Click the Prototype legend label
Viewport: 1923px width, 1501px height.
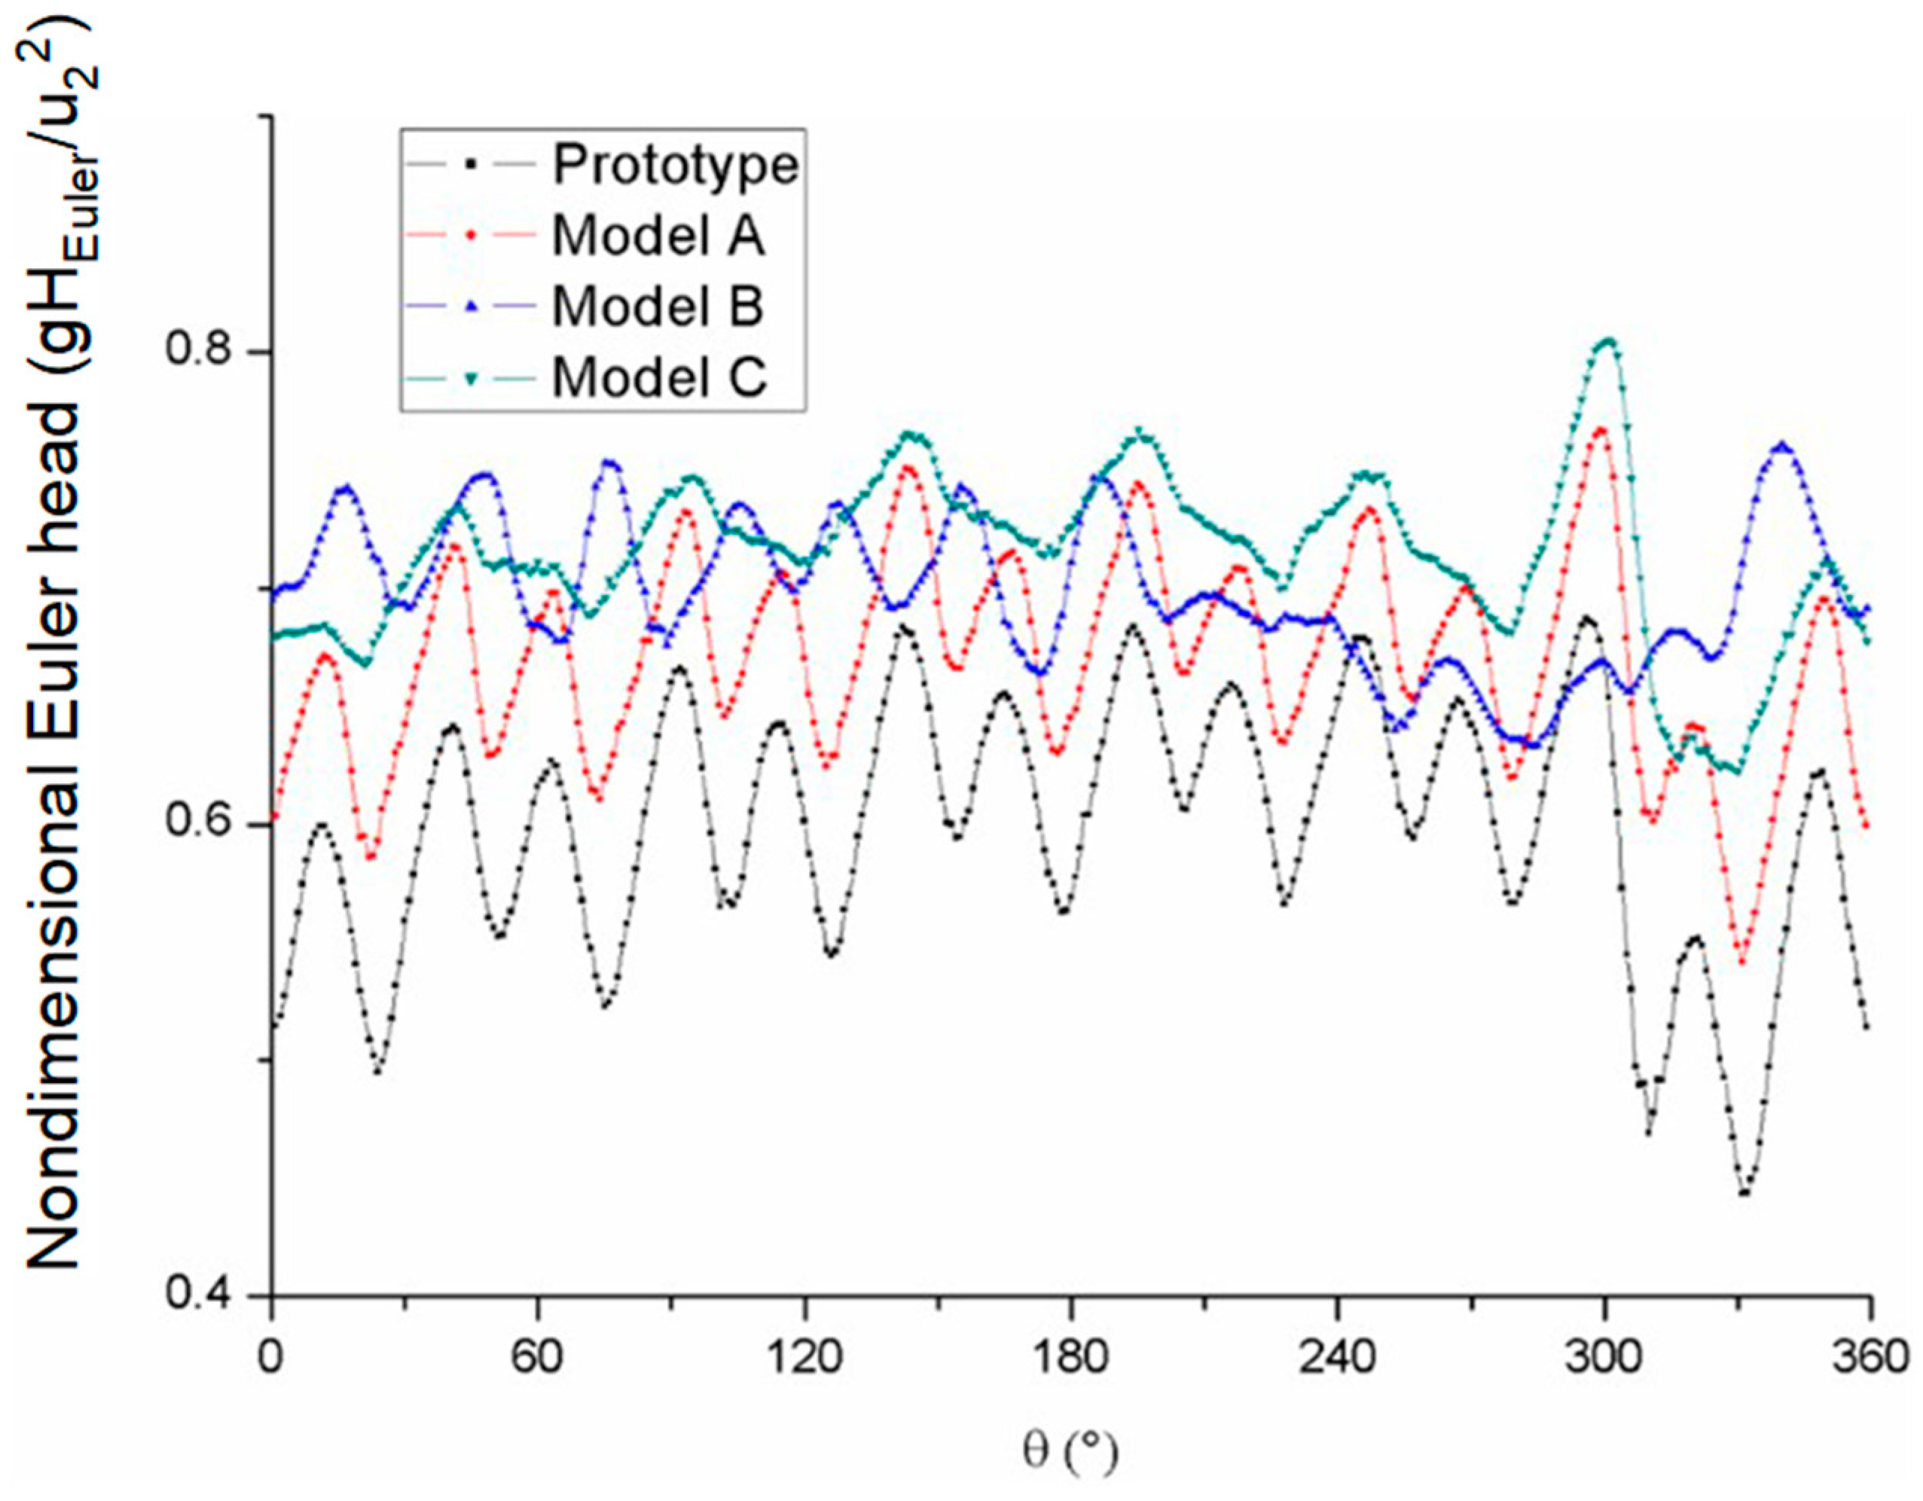pos(676,165)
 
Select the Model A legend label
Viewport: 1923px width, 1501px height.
pos(658,235)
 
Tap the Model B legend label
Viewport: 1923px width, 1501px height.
pos(658,307)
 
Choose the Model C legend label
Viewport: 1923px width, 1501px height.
pos(660,377)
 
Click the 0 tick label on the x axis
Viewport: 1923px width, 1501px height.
pos(271,1359)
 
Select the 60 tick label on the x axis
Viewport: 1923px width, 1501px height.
pos(537,1359)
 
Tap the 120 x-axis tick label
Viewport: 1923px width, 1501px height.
pos(804,1359)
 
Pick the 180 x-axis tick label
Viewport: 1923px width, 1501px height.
pos(1070,1359)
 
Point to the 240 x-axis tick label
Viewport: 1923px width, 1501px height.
pos(1336,1359)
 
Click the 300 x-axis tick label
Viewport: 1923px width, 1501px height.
pos(1604,1359)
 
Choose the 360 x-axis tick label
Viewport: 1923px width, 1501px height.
pos(1870,1359)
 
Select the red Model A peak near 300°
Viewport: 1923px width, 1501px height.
pos(1601,429)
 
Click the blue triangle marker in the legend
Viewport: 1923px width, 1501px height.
pos(472,307)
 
